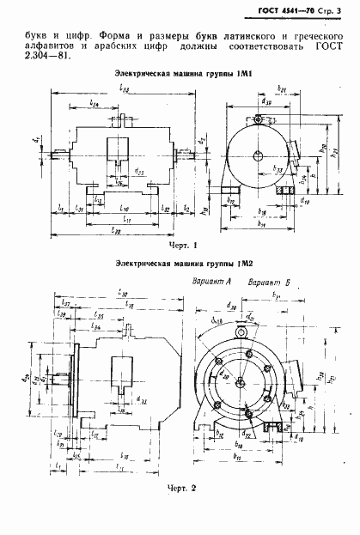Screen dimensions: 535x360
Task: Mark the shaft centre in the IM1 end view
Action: (x=262, y=155)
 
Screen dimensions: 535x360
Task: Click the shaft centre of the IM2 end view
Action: (x=242, y=383)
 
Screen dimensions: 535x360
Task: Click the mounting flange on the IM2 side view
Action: (x=76, y=379)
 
